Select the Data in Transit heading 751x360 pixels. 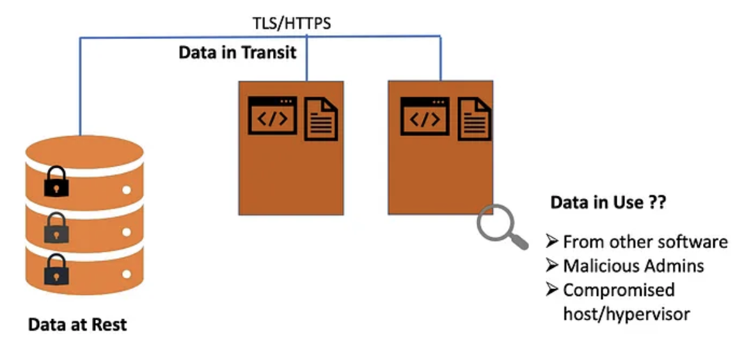[x=237, y=52]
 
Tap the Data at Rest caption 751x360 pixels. [x=77, y=324]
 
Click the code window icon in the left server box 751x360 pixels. [x=273, y=116]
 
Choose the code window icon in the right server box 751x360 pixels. [x=425, y=116]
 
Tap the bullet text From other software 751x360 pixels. [x=645, y=242]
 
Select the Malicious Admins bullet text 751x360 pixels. [x=633, y=265]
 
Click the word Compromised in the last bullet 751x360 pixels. [x=619, y=290]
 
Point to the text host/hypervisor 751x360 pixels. [x=626, y=313]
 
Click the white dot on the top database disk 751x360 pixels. [x=127, y=190]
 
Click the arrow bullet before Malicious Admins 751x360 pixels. [x=552, y=265]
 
